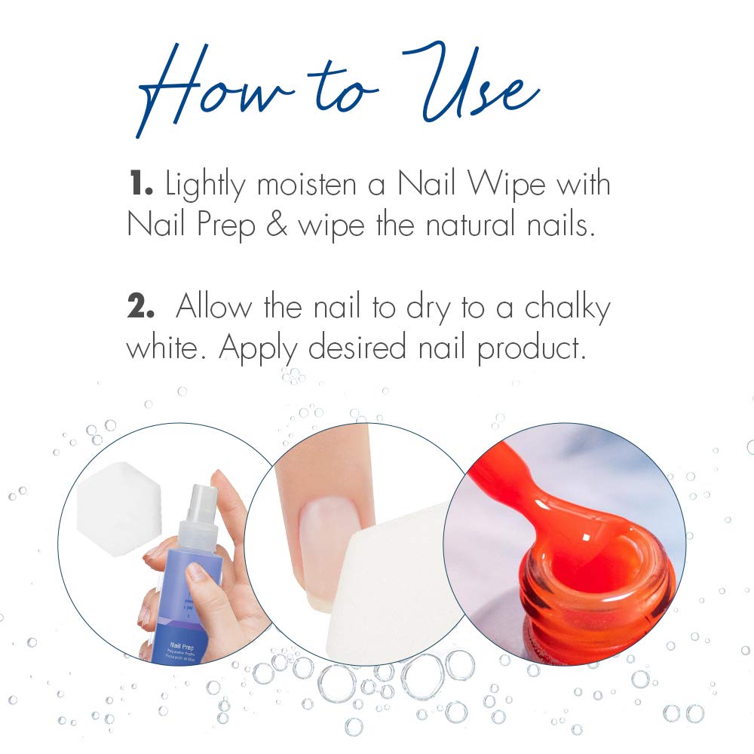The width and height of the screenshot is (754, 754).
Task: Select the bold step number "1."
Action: pyautogui.click(x=142, y=184)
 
